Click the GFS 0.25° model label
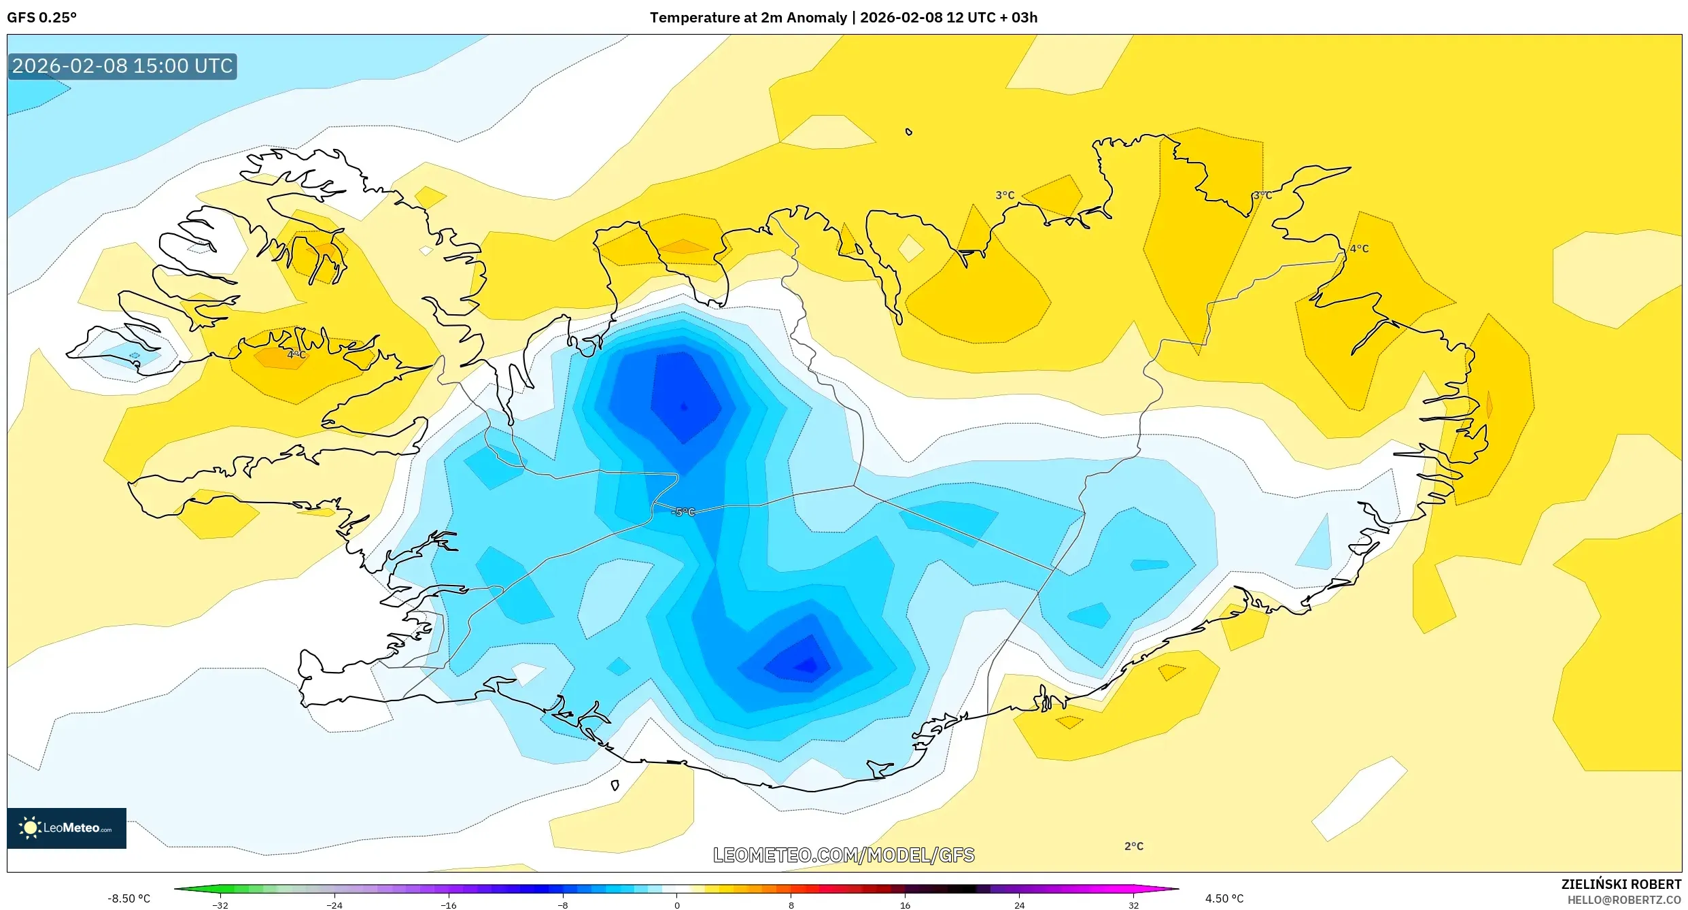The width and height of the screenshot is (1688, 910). [41, 18]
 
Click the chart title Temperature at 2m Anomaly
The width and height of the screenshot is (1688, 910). [748, 18]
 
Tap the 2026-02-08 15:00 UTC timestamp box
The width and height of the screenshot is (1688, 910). [122, 66]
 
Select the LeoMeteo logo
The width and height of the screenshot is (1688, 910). [67, 828]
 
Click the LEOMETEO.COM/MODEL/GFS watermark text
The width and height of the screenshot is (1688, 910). [844, 855]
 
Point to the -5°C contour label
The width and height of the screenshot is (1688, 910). [683, 512]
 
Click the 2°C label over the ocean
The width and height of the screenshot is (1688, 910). [1133, 846]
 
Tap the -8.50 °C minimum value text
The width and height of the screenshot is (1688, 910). [128, 898]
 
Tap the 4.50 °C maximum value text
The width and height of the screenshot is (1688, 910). [1224, 898]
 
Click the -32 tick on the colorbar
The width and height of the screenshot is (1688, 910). [220, 905]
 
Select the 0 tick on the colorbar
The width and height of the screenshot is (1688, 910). [676, 905]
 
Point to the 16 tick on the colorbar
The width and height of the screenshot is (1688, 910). [905, 905]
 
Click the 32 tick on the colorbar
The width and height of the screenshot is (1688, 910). [1133, 905]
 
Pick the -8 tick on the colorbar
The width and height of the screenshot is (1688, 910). [562, 905]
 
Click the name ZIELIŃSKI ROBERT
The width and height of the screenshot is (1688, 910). [1621, 884]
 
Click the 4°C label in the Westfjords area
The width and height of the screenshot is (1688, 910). [296, 354]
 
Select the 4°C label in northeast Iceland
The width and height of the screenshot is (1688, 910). [1359, 248]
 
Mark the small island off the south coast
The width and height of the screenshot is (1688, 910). [615, 786]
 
